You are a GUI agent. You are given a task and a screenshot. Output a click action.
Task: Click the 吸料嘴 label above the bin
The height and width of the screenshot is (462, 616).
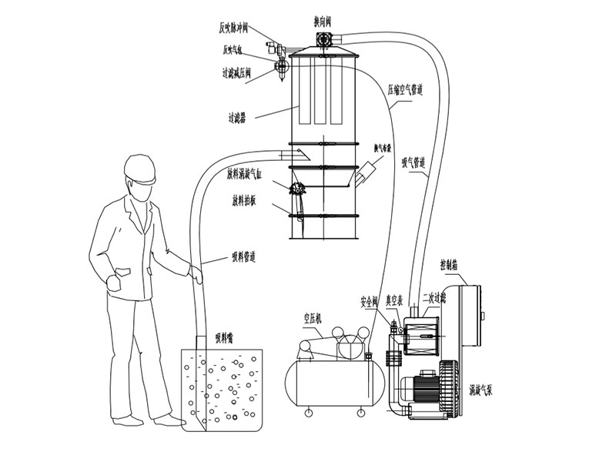226,336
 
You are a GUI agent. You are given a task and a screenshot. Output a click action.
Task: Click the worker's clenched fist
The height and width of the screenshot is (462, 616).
116,280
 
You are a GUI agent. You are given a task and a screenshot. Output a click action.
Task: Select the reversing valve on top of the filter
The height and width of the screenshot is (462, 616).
323,45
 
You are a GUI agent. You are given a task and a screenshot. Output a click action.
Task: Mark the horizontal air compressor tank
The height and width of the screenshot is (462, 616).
333,381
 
